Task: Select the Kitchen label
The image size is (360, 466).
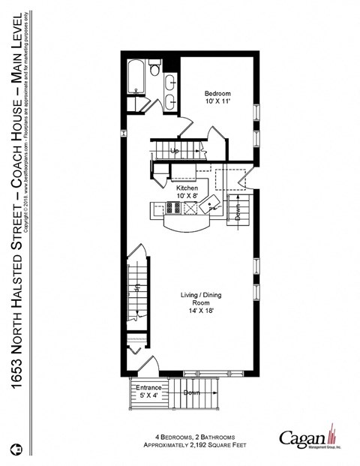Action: (187, 188)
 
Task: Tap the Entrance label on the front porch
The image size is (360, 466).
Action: (148, 387)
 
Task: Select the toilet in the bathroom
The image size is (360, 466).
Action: (155, 70)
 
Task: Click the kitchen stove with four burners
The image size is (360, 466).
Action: (161, 210)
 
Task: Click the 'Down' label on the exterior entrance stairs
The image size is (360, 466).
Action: (191, 392)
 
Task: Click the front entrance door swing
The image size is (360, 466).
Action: (148, 366)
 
